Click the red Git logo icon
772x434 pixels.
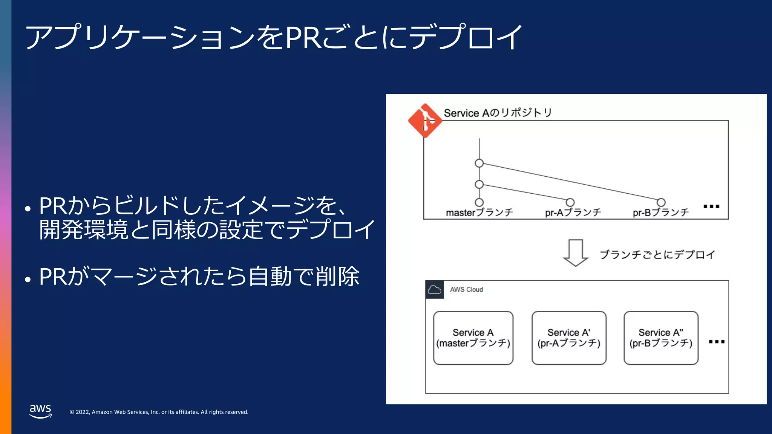tap(425, 121)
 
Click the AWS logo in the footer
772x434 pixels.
tap(40, 411)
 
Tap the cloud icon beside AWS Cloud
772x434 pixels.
tap(435, 290)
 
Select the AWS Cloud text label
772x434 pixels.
tap(466, 290)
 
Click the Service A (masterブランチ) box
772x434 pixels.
tap(473, 338)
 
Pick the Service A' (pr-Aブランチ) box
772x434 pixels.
tap(569, 338)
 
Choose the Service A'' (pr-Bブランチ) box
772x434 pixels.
tap(661, 338)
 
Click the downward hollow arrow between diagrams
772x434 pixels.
tap(575, 253)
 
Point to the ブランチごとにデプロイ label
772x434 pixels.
tap(657, 255)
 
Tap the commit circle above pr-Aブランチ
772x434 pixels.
tap(570, 202)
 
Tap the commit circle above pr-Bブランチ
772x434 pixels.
tap(661, 202)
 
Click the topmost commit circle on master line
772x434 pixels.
tap(479, 163)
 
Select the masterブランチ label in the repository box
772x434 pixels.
tap(479, 213)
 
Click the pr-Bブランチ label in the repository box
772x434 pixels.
tap(660, 213)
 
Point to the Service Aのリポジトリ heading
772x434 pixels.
tap(498, 113)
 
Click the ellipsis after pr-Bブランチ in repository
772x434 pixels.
tap(712, 206)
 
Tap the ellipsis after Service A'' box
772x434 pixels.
tap(717, 342)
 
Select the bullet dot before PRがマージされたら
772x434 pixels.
tap(28, 280)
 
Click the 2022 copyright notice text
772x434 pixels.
tap(159, 412)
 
